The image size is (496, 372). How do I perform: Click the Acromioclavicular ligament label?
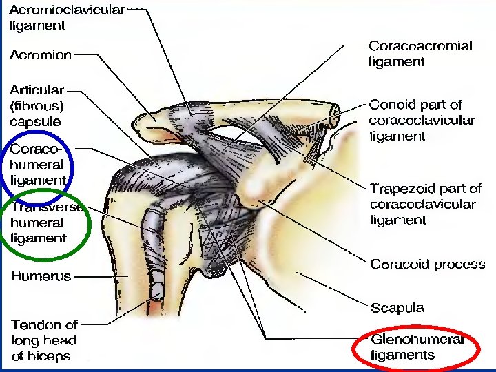(67, 18)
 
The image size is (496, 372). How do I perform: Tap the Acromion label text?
(40, 55)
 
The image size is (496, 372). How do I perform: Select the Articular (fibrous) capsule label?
(37, 105)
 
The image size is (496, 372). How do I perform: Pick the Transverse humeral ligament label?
(45, 223)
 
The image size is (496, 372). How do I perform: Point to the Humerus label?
(41, 276)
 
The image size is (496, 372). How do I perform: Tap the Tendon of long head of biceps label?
(44, 340)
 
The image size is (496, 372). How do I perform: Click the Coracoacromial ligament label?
(420, 54)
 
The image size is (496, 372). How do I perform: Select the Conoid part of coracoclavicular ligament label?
(422, 121)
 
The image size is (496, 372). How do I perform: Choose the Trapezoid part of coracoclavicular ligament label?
(425, 204)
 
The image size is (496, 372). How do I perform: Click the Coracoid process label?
(427, 265)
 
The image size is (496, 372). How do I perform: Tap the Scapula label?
(397, 308)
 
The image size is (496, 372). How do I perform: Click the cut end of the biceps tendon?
(158, 289)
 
